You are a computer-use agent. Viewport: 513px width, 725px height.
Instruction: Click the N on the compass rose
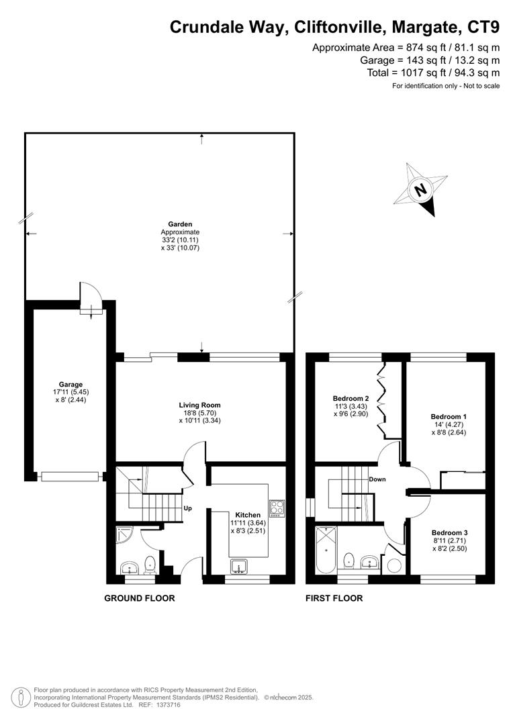(x=421, y=190)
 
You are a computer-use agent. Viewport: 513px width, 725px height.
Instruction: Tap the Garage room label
(x=71, y=385)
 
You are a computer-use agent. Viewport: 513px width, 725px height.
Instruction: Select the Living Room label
(x=199, y=405)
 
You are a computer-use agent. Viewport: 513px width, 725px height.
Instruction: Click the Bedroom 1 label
(x=449, y=416)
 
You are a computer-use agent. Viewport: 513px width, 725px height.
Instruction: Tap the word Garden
(x=181, y=224)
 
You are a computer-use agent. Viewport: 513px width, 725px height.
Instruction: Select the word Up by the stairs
(x=189, y=508)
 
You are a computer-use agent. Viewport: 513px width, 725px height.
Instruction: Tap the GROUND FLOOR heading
(x=140, y=598)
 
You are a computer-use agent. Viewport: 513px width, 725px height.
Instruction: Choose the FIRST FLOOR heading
(x=334, y=598)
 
